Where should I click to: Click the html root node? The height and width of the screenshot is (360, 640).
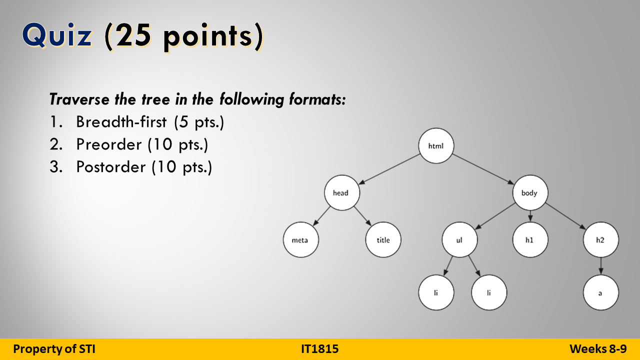(436, 146)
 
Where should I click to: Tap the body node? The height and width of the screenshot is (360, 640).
(530, 192)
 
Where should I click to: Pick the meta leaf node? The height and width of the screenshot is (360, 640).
(300, 240)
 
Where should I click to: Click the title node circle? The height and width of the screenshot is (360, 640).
(383, 240)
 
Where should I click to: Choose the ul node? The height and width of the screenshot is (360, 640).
(459, 240)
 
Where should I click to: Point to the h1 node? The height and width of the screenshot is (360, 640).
(530, 240)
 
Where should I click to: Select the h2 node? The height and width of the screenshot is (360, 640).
(600, 240)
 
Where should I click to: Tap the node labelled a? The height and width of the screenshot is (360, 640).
(600, 293)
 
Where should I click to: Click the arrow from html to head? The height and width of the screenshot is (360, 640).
(389, 169)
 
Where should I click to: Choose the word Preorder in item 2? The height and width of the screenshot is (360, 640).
(109, 144)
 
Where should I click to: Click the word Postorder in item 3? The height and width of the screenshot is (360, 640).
(110, 167)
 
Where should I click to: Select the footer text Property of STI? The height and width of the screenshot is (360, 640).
(54, 349)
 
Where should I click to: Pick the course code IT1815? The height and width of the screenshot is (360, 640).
(320, 349)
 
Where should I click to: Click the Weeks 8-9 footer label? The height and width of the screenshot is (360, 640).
(598, 349)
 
